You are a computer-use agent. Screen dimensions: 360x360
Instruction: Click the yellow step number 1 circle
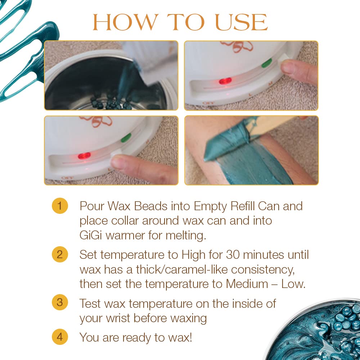(60, 206)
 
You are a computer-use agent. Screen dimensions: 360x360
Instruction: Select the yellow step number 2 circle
(60, 255)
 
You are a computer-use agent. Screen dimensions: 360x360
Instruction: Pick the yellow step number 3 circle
(60, 302)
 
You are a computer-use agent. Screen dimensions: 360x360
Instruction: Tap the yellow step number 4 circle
(60, 337)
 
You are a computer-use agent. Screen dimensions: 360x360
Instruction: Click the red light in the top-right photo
(225, 81)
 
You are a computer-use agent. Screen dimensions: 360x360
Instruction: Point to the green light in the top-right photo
(266, 64)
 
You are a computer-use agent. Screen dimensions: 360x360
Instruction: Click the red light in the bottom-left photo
(84, 156)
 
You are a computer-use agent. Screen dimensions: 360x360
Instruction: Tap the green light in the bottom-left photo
(126, 138)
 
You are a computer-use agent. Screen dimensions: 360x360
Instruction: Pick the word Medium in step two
(247, 284)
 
